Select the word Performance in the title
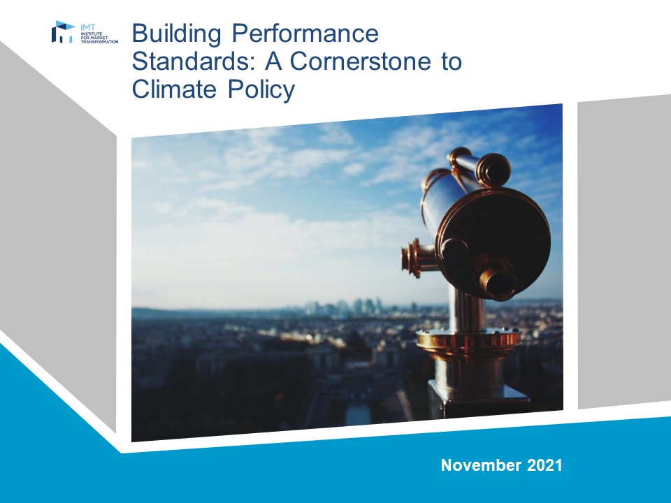pos(305,33)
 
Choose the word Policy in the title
pos(261,89)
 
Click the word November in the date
pos(481,465)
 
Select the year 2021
pos(544,465)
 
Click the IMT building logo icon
pos(63,31)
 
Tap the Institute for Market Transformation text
pos(99,37)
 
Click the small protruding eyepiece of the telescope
pos(499,282)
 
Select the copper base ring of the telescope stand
pos(468,341)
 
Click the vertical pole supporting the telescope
pos(468,309)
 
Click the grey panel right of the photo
pos(624,251)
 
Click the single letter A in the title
pos(273,61)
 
